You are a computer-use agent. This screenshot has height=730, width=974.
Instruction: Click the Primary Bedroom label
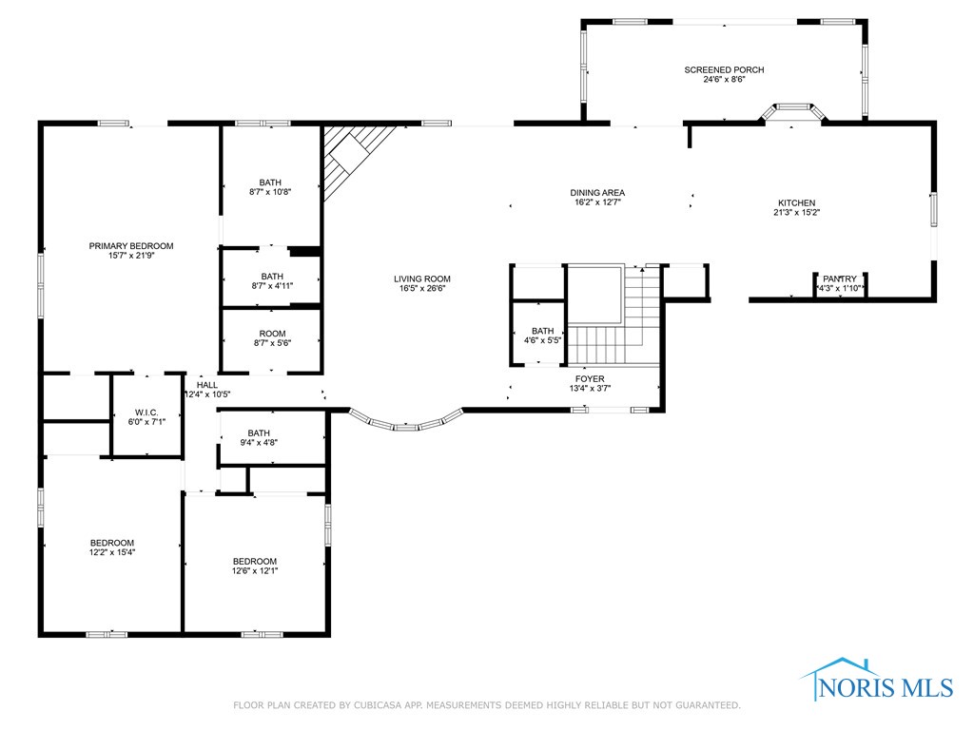(x=131, y=246)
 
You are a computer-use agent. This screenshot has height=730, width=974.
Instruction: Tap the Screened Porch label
(x=724, y=70)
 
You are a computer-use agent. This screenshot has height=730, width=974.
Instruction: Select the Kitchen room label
(x=796, y=203)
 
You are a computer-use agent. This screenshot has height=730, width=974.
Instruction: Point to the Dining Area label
(x=597, y=193)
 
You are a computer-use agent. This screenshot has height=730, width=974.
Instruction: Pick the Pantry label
(x=840, y=279)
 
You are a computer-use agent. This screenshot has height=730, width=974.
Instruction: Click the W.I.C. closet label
(x=146, y=413)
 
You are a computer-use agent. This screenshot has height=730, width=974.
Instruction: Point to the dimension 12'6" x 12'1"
(x=255, y=570)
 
